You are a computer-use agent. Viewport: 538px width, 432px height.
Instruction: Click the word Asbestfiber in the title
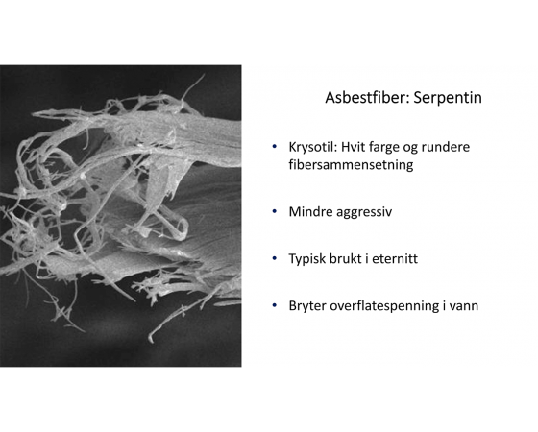point(367,97)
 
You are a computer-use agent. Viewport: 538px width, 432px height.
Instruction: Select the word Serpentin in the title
point(448,98)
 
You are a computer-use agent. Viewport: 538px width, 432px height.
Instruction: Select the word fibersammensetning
point(351,164)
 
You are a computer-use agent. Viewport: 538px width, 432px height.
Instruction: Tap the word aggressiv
point(364,212)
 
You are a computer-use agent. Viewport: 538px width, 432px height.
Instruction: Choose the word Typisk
point(307,259)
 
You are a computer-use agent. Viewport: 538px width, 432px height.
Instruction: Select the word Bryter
point(307,306)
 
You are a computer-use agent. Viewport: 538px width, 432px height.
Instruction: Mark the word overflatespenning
point(384,306)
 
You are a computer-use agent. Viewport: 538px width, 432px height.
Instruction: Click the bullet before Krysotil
point(274,147)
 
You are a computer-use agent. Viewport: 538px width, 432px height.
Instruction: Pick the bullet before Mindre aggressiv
point(274,211)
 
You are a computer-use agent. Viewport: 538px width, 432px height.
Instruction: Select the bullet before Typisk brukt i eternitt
point(274,258)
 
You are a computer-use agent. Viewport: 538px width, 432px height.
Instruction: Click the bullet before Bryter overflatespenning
point(274,305)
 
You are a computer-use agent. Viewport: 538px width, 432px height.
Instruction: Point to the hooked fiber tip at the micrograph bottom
point(151,339)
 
